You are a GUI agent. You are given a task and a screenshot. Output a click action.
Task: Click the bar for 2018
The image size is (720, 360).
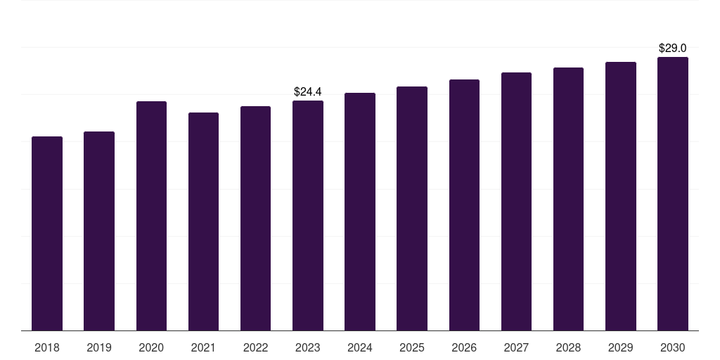pos(47,233)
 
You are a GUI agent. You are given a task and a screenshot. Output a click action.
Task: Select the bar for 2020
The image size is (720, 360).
pos(151,216)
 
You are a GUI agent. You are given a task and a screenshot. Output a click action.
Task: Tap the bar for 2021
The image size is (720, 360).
pos(203,221)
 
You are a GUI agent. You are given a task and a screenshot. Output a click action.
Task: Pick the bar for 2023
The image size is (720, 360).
pos(308,215)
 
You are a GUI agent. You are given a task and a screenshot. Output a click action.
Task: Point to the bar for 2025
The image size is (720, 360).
pos(412,208)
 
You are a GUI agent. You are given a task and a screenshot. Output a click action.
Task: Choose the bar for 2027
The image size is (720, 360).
pos(516,201)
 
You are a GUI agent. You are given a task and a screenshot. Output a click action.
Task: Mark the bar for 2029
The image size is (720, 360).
pos(620,196)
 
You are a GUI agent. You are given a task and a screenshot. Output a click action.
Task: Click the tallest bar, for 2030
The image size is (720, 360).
pos(673,193)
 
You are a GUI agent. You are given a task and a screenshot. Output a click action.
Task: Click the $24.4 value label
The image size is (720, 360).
pos(308,91)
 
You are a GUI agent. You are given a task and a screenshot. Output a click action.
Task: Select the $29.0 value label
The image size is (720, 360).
pos(673,49)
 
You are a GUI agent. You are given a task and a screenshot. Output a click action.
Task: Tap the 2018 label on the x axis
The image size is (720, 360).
pos(47,347)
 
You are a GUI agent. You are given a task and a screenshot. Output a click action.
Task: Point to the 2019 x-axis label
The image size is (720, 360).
pos(99,347)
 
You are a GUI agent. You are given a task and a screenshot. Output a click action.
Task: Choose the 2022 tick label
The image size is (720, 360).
pos(255,347)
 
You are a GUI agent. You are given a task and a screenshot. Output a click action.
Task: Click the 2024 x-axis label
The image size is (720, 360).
pos(360,347)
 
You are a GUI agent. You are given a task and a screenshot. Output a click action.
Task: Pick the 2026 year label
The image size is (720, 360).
pos(464,347)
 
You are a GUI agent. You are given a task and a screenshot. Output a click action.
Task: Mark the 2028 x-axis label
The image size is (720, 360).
pos(568,347)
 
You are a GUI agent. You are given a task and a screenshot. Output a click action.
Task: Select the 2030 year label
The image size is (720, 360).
pos(673,347)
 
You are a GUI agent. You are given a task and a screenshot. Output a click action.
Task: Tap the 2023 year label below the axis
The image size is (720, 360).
pos(308,347)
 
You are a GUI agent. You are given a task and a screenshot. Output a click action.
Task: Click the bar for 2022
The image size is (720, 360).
pos(255,218)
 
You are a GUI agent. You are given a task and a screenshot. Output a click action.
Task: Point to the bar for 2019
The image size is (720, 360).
pos(99,231)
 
